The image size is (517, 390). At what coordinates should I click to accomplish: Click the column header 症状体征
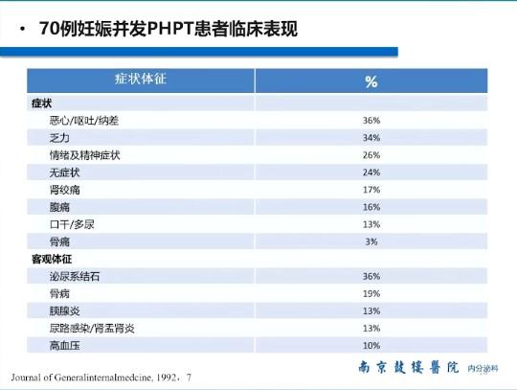(141, 80)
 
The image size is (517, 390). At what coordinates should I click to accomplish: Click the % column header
(371, 81)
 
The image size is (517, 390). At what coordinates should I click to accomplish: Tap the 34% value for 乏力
(371, 138)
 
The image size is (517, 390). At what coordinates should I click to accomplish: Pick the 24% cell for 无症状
(371, 172)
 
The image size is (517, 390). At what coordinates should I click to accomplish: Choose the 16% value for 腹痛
(371, 207)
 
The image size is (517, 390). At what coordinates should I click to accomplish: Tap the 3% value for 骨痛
(371, 241)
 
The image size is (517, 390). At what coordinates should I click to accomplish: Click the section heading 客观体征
(50, 259)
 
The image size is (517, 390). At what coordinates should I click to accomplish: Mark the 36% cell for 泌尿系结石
(371, 276)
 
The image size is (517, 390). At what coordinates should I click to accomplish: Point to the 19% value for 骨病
(371, 293)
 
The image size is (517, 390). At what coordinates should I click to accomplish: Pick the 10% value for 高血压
(371, 345)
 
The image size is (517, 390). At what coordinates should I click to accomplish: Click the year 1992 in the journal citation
(169, 378)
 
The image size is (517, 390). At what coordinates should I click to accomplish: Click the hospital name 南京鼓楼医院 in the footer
(409, 368)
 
